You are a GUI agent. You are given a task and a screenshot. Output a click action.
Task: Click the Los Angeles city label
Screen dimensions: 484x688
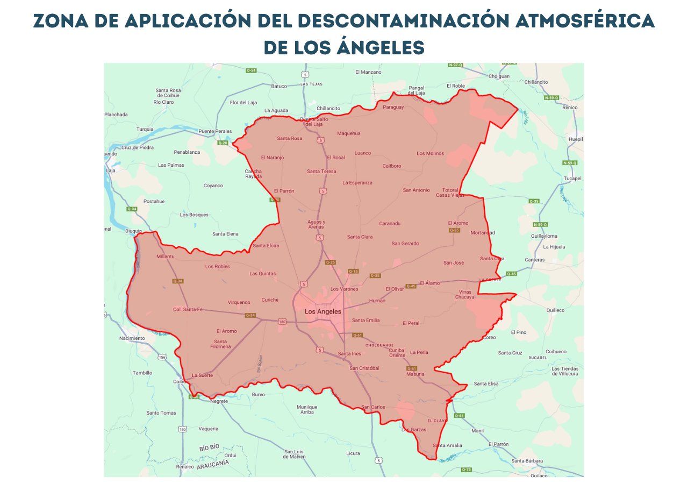pos(322,312)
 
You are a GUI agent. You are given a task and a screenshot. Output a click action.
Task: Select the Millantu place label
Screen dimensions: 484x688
pos(166,257)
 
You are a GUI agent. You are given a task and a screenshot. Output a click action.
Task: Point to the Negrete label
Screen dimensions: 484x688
pos(219,401)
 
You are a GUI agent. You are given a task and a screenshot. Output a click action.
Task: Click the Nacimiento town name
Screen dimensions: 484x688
pos(132,338)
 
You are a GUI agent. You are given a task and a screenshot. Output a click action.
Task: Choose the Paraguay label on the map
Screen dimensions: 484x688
pos(393,107)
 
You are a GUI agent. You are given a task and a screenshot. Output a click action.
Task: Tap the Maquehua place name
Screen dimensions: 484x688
pos(349,133)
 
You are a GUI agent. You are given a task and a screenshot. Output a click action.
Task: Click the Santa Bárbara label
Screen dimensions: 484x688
pos(527,461)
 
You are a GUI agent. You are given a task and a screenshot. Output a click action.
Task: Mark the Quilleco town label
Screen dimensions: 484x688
pos(555,310)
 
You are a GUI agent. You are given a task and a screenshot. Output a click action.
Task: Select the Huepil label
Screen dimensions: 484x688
pos(575,139)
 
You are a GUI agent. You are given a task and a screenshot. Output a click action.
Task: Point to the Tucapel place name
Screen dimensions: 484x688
pos(572,179)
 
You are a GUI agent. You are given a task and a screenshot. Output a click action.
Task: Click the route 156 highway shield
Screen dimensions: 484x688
pos(162,357)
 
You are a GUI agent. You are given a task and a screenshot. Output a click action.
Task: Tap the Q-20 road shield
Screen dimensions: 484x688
pos(223,143)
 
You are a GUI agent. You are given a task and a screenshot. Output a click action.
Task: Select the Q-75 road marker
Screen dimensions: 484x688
pos(466,469)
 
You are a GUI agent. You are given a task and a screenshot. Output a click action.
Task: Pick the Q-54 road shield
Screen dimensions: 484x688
pos(251,70)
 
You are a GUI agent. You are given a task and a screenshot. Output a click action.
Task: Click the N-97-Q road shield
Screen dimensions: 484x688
pos(455,65)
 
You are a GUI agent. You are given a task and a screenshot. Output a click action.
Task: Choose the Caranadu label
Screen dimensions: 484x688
pos(390,223)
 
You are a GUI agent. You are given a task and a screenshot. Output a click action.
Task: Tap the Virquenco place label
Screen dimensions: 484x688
pos(239,302)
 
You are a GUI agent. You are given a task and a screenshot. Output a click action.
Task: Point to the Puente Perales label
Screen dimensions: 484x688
pos(215,131)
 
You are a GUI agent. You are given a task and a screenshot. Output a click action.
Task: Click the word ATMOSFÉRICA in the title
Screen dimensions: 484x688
pos(584,21)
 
